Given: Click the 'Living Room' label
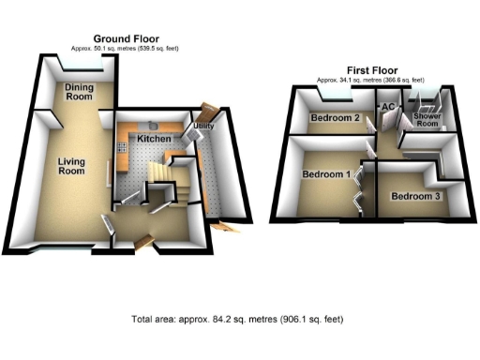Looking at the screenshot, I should coord(71,166).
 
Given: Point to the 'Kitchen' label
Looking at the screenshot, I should coord(154,139).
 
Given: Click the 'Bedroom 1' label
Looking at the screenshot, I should coord(326,174).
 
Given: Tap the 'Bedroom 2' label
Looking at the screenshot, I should coord(336,118).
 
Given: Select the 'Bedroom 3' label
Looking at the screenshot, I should coord(413,197).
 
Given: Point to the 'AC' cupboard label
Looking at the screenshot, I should coord(386,107).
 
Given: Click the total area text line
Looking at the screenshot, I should coord(239,319).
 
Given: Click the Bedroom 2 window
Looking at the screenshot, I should coord(336,97).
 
